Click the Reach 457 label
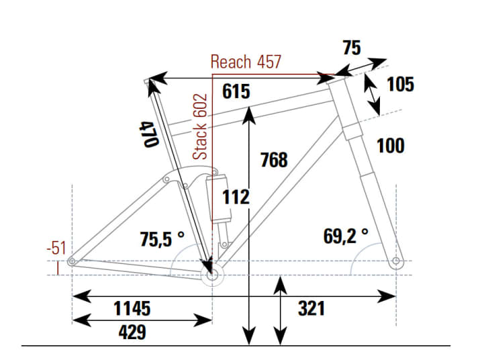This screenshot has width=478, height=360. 246,62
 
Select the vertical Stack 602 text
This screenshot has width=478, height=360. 201,127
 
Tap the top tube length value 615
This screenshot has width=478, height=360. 236,91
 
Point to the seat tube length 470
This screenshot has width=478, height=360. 149,134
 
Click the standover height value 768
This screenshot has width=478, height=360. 273,160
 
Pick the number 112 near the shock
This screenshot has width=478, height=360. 236,197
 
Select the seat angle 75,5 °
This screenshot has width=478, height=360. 162,238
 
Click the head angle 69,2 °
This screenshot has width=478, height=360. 345,235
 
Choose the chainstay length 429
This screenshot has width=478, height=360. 132,332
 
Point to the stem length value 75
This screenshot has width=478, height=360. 352,48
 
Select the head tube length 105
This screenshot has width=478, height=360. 401,85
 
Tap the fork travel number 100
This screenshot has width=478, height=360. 391,145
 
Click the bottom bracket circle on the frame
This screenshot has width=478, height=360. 213,275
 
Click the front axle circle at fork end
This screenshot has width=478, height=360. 396,261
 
